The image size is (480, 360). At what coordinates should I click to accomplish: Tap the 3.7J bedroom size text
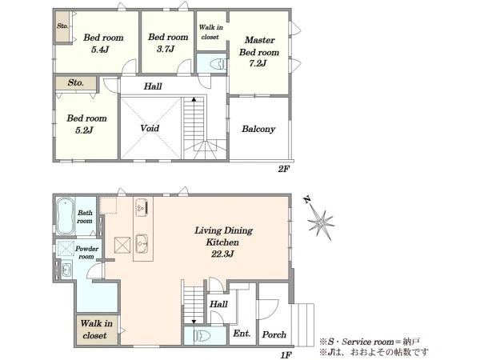pos(166,49)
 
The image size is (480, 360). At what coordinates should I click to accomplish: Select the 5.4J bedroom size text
pos(100,50)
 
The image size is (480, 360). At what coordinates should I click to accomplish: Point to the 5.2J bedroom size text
pos(84,130)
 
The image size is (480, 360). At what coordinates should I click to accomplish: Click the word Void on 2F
pos(150,128)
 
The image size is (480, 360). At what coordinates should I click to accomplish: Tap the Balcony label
pos(258,129)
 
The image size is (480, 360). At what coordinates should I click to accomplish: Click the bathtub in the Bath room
pos(65,216)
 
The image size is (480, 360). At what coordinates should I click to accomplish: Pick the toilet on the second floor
pos(218,64)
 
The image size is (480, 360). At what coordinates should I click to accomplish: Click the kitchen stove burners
pos(142,207)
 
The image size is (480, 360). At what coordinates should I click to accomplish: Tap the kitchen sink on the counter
pos(142,244)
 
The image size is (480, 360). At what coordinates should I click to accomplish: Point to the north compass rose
pos(320,221)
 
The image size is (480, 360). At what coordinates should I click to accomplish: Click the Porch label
pos(274,334)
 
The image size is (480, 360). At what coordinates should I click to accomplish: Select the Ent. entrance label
pos(242,333)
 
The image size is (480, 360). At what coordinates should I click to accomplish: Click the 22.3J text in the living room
pos(222,254)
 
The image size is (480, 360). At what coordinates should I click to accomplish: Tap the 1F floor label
pos(286,355)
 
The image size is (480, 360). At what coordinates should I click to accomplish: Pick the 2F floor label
pos(284,169)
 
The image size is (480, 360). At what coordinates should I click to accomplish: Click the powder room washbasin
pos(66,270)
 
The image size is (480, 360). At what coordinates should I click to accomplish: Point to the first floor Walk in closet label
pos(97,330)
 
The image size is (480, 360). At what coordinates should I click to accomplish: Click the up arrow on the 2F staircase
pos(194,100)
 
